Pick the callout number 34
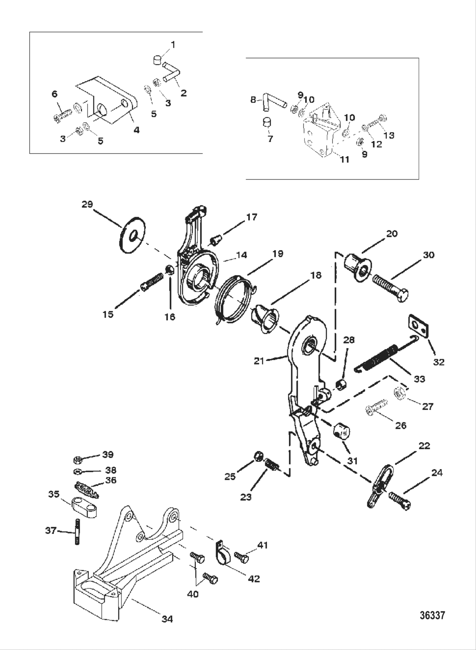pos(167,619)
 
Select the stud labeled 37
pos(78,532)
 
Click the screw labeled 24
pos(399,499)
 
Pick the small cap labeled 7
pos(266,122)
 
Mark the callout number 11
pos(344,159)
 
